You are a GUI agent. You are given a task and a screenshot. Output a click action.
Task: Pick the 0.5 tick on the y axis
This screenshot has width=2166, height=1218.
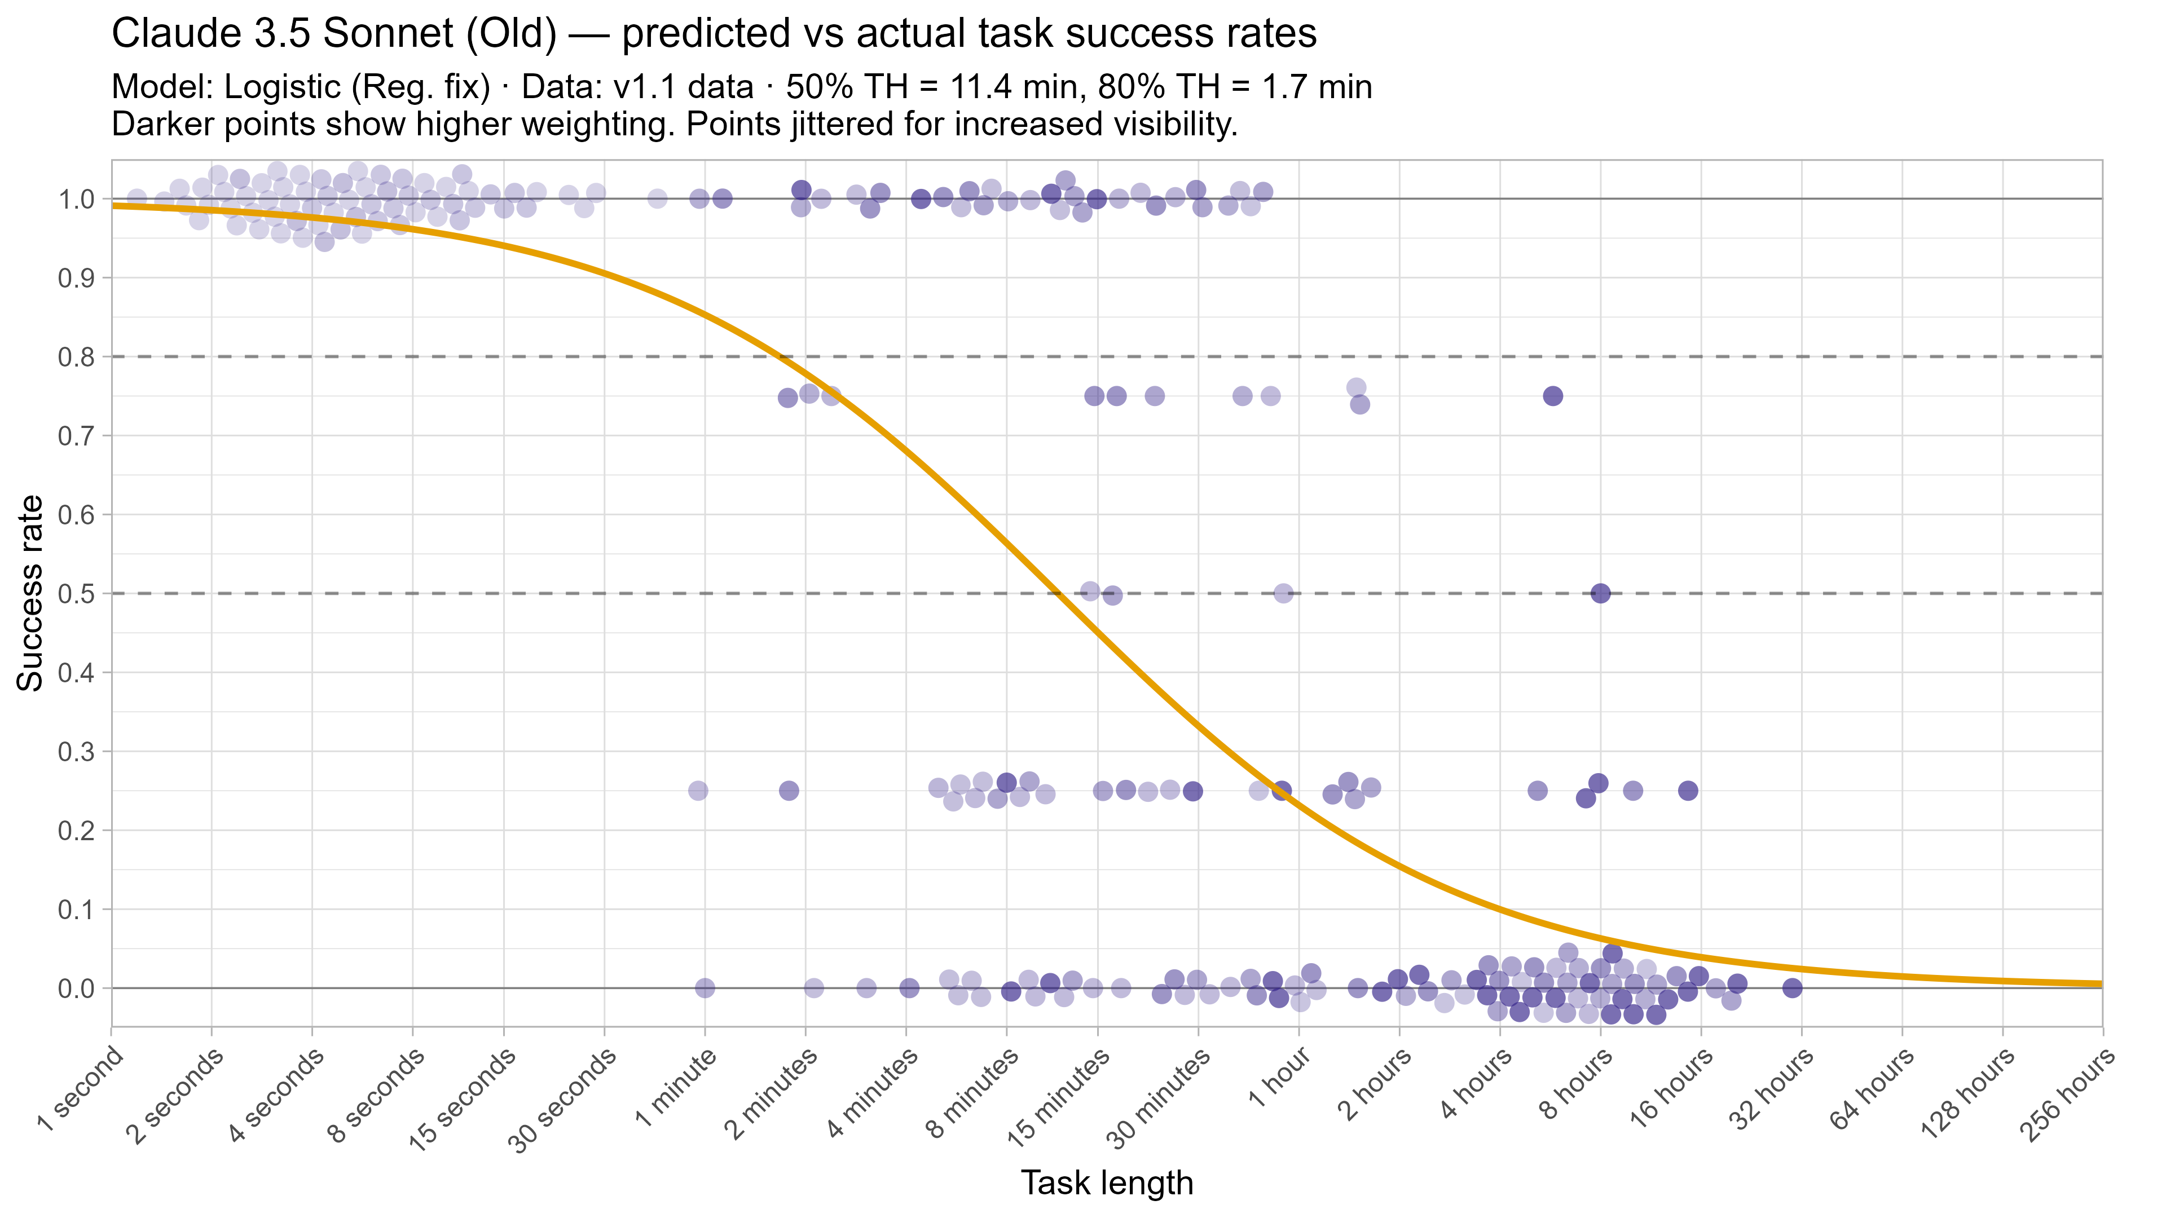[x=75, y=593]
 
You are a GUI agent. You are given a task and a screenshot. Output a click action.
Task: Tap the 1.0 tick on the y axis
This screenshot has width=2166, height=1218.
[x=75, y=199]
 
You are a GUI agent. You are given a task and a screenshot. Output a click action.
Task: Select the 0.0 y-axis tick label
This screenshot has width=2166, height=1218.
[x=75, y=988]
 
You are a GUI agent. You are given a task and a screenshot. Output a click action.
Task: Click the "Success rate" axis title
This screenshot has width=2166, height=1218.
[x=31, y=593]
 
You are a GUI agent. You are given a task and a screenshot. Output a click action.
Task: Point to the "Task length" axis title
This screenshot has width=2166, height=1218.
[x=1107, y=1182]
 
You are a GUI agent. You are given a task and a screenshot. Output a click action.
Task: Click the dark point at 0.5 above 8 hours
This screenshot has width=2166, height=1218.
[x=1600, y=593]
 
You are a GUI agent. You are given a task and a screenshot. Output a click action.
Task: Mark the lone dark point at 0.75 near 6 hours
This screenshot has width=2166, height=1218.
[x=1553, y=396]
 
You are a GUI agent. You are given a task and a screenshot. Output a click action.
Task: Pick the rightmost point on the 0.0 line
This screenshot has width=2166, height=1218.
[x=1793, y=988]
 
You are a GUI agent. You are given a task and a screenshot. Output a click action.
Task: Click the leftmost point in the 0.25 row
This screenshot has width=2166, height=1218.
[x=698, y=790]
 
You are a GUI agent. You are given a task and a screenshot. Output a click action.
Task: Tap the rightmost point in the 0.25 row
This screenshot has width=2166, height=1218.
[x=1688, y=790]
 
